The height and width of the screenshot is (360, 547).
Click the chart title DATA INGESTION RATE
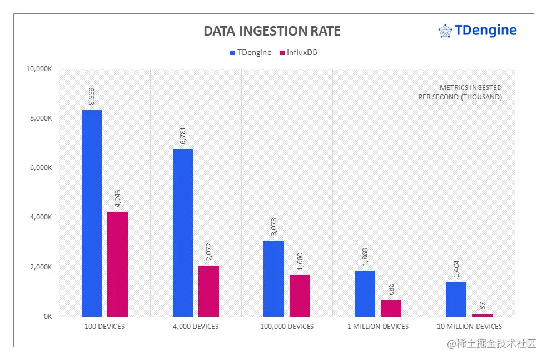click(x=272, y=31)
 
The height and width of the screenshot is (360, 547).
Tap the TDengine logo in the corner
click(x=478, y=31)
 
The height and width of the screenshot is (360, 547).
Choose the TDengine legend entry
click(x=251, y=53)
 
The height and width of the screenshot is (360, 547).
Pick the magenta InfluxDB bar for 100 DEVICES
click(x=117, y=264)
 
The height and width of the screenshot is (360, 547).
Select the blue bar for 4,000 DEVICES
click(x=183, y=233)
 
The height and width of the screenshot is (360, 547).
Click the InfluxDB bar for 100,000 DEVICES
click(x=300, y=296)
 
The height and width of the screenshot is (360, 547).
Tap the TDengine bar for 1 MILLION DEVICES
click(x=365, y=293)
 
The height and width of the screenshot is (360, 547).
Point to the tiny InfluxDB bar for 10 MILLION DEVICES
click(x=482, y=315)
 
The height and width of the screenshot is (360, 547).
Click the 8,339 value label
click(x=92, y=97)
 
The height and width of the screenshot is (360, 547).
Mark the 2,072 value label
click(x=208, y=252)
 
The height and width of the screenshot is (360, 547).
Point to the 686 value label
click(x=391, y=289)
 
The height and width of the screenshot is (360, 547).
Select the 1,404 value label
click(x=456, y=268)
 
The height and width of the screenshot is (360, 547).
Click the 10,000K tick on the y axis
click(x=39, y=69)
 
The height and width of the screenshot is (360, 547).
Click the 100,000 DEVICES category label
click(x=287, y=327)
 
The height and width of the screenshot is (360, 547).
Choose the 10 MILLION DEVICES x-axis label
click(x=469, y=327)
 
